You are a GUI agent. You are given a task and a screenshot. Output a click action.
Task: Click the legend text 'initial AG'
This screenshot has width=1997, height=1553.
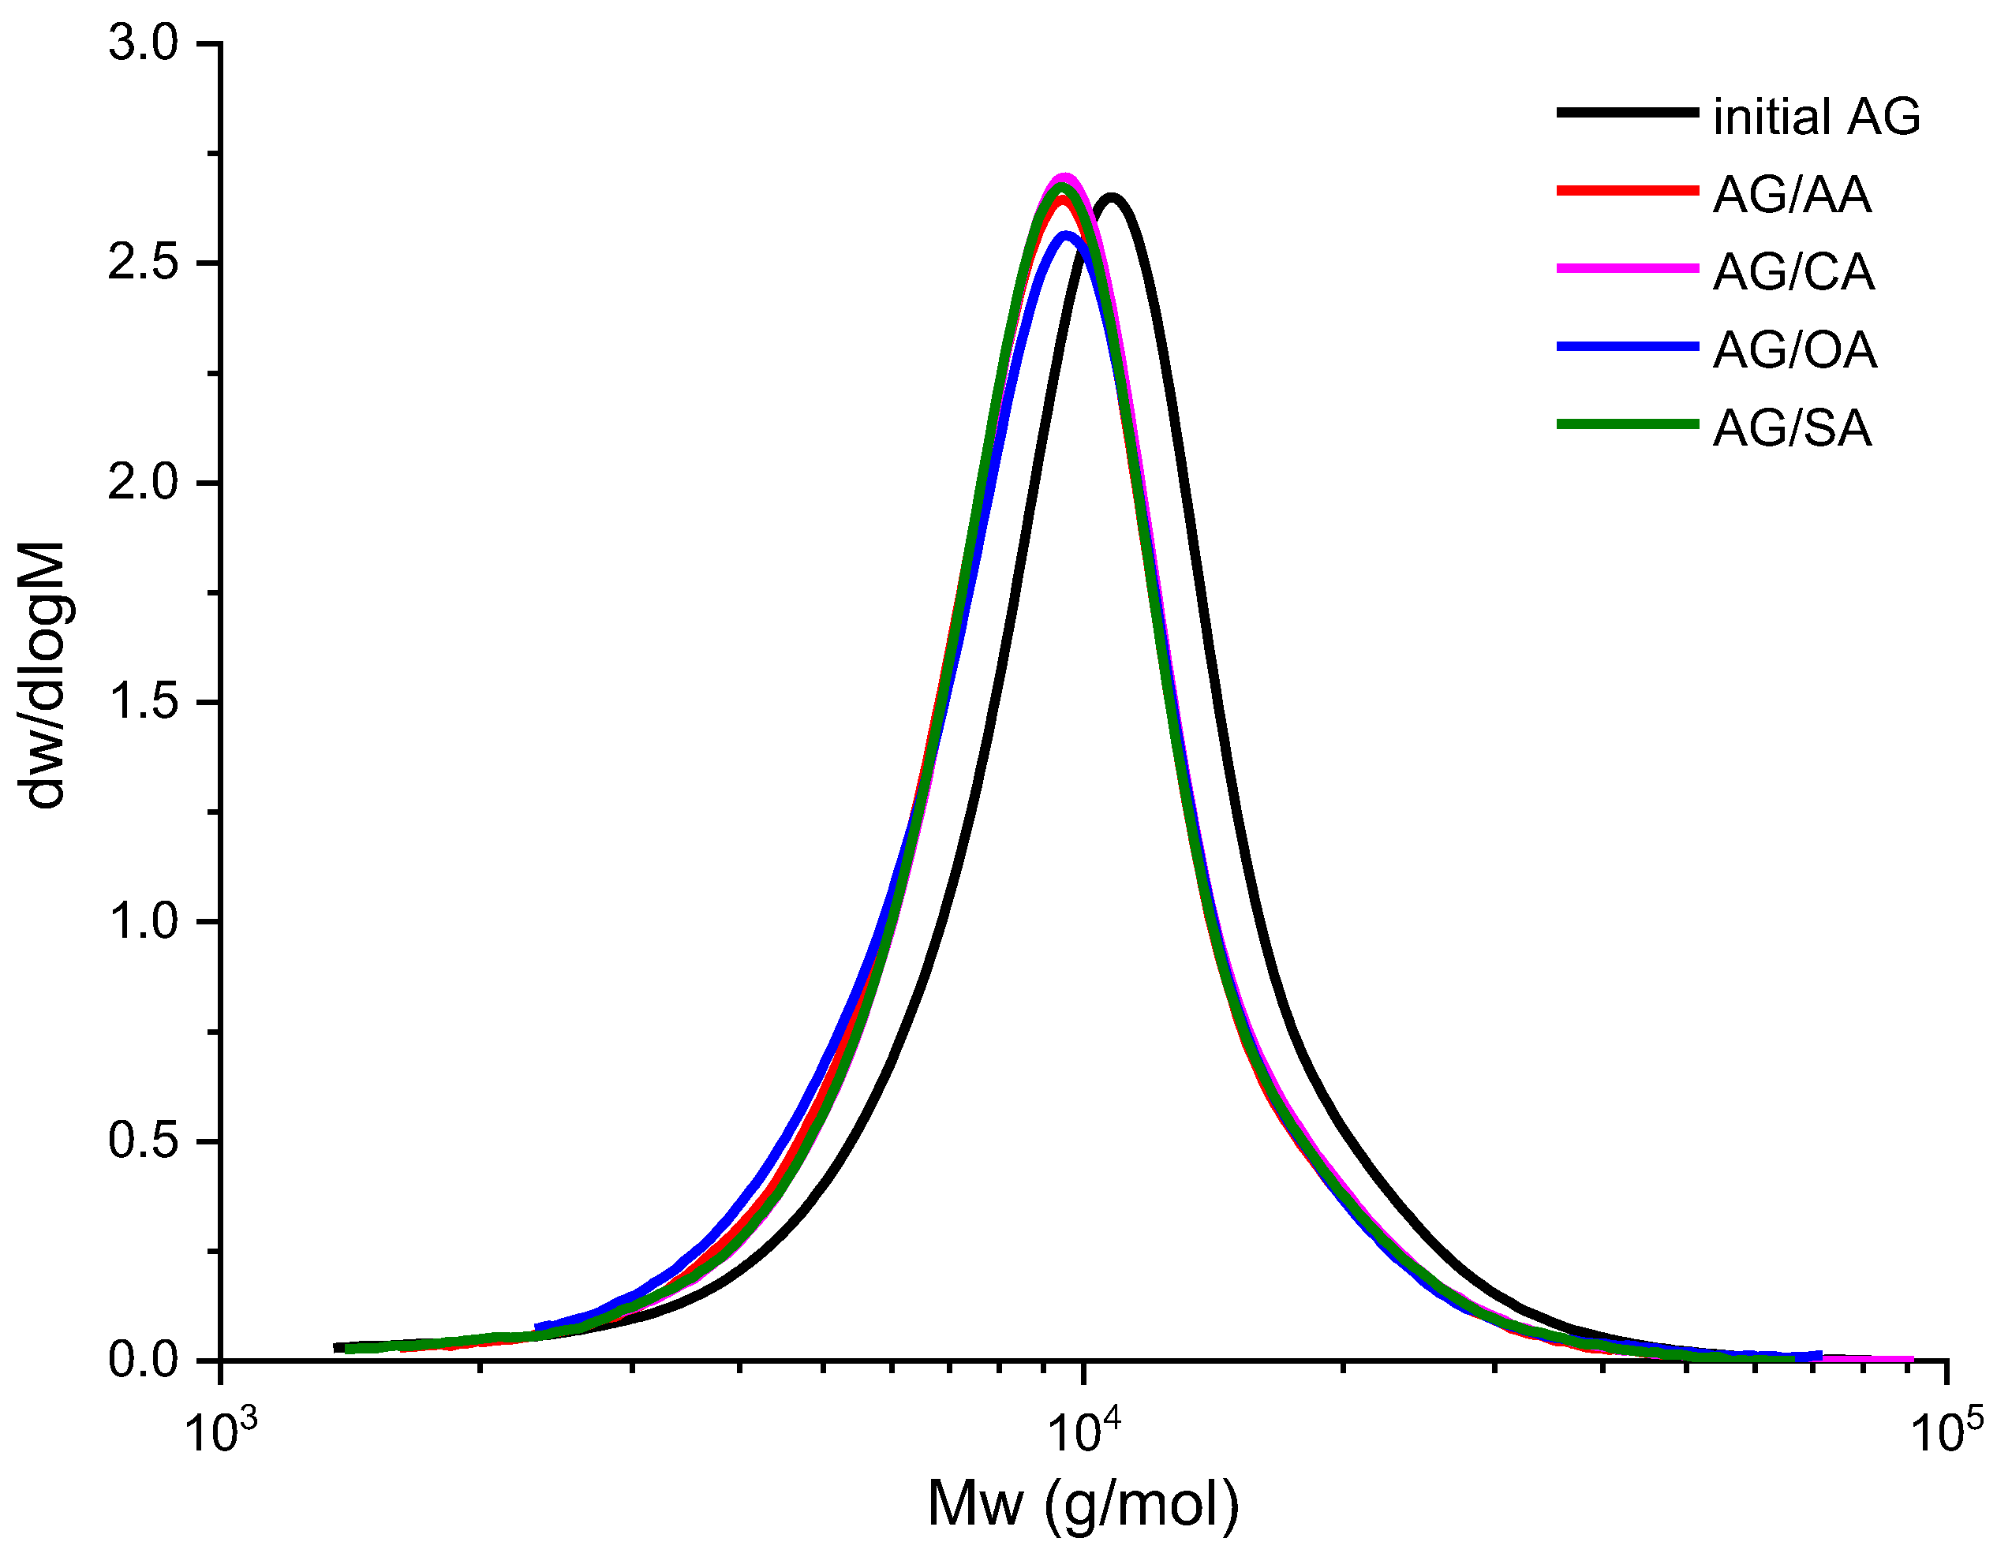[x=1816, y=117]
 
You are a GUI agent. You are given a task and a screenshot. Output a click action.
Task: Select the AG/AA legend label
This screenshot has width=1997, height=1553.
[x=1791, y=195]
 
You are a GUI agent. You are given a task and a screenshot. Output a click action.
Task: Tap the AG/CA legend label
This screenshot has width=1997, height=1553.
[x=1793, y=272]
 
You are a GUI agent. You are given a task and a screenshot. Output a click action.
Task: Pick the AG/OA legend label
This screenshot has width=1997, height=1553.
[x=1794, y=350]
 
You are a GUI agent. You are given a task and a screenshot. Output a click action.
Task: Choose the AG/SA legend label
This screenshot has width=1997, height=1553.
[x=1791, y=427]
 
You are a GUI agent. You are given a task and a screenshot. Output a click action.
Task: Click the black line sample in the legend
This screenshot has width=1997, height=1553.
[x=1627, y=113]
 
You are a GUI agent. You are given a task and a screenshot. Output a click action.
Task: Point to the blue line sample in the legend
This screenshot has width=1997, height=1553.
[x=1627, y=345]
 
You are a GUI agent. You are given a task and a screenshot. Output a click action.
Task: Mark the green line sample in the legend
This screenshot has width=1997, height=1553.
[x=1627, y=424]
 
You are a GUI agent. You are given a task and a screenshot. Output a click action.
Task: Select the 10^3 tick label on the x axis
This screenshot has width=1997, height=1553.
[x=220, y=1432]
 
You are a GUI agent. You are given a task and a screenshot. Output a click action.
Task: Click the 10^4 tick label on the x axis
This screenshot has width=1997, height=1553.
[x=1083, y=1432]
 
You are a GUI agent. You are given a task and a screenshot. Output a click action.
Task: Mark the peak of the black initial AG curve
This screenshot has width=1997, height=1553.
[x=1112, y=197]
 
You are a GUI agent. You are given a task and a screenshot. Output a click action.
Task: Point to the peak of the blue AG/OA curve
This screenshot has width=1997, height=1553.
[x=1067, y=236]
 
